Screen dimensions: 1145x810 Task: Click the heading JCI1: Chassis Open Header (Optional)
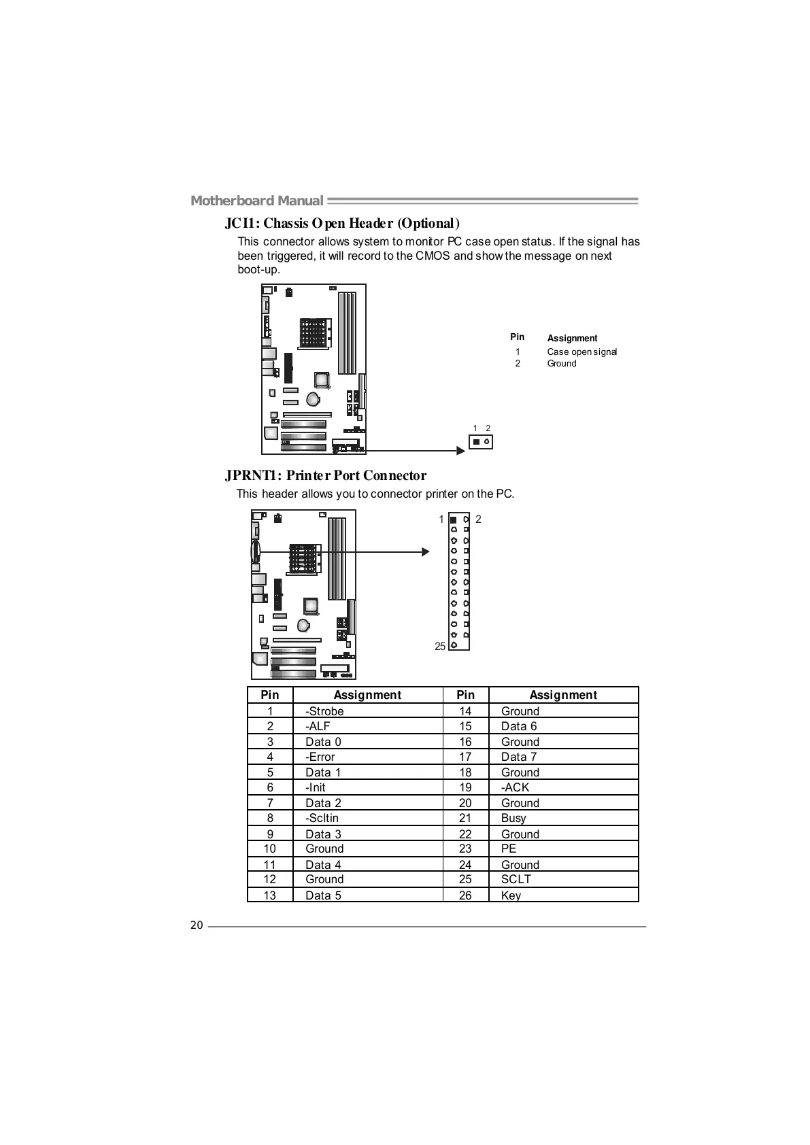[342, 223]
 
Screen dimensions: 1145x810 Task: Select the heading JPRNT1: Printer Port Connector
[326, 475]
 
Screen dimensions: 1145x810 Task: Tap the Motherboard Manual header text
[256, 201]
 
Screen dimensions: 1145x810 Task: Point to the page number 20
[197, 925]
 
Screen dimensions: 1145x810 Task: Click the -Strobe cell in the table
[324, 711]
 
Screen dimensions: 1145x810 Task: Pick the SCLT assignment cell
[516, 879]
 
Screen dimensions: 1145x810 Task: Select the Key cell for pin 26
[511, 895]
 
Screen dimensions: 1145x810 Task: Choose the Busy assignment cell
[513, 818]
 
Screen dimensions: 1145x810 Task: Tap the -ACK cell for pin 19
[515, 787]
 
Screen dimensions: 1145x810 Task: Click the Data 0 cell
[323, 742]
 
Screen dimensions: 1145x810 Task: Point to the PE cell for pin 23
[509, 849]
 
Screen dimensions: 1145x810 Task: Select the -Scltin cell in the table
[322, 818]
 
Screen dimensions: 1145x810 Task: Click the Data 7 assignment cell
[519, 757]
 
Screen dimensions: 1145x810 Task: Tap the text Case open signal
[581, 352]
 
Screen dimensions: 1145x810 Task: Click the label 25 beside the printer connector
[440, 646]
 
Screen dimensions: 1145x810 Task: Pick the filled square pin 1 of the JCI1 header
[476, 443]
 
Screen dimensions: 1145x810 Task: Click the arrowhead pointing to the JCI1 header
[461, 450]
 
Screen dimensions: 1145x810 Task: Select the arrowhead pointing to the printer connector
[426, 552]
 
